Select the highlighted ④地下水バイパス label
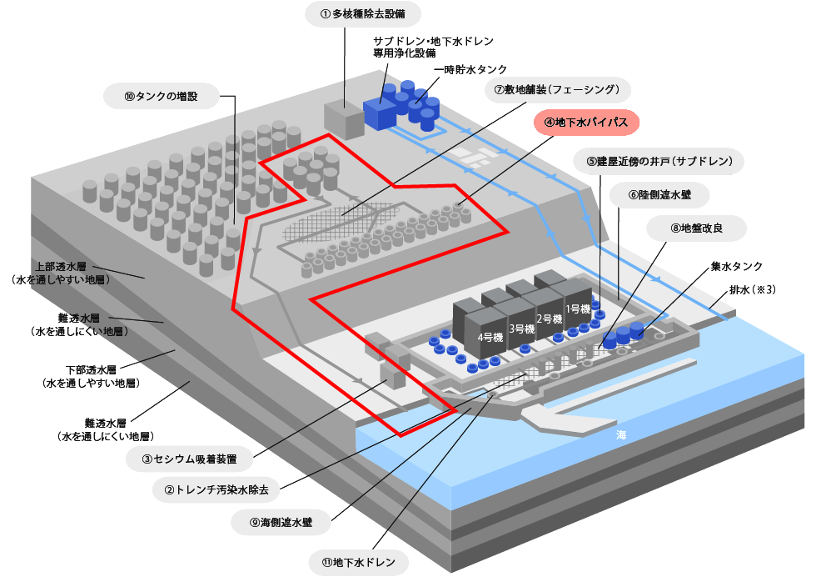[585, 122]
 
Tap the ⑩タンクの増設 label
[161, 96]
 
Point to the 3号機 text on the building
[521, 328]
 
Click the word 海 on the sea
[621, 435]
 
